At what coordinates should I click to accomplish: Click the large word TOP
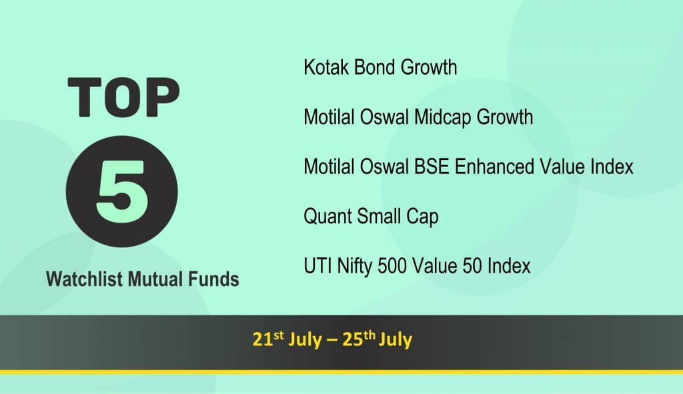(123, 97)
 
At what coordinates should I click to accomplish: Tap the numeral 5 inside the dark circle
(121, 191)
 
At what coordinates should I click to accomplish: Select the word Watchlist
(84, 279)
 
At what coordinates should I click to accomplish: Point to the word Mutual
(155, 279)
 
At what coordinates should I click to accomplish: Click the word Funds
(213, 279)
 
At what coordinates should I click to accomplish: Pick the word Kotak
(326, 67)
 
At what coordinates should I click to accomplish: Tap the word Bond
(374, 67)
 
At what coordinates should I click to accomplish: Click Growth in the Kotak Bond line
(429, 67)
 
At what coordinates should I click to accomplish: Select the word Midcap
(443, 118)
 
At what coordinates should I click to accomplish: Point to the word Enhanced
(494, 167)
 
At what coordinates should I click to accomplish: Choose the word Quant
(328, 217)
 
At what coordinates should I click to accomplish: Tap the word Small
(379, 217)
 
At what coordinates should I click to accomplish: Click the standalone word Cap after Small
(422, 217)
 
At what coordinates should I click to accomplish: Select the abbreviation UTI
(317, 266)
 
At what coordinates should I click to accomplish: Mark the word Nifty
(355, 267)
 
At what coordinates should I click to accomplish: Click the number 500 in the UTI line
(392, 266)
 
